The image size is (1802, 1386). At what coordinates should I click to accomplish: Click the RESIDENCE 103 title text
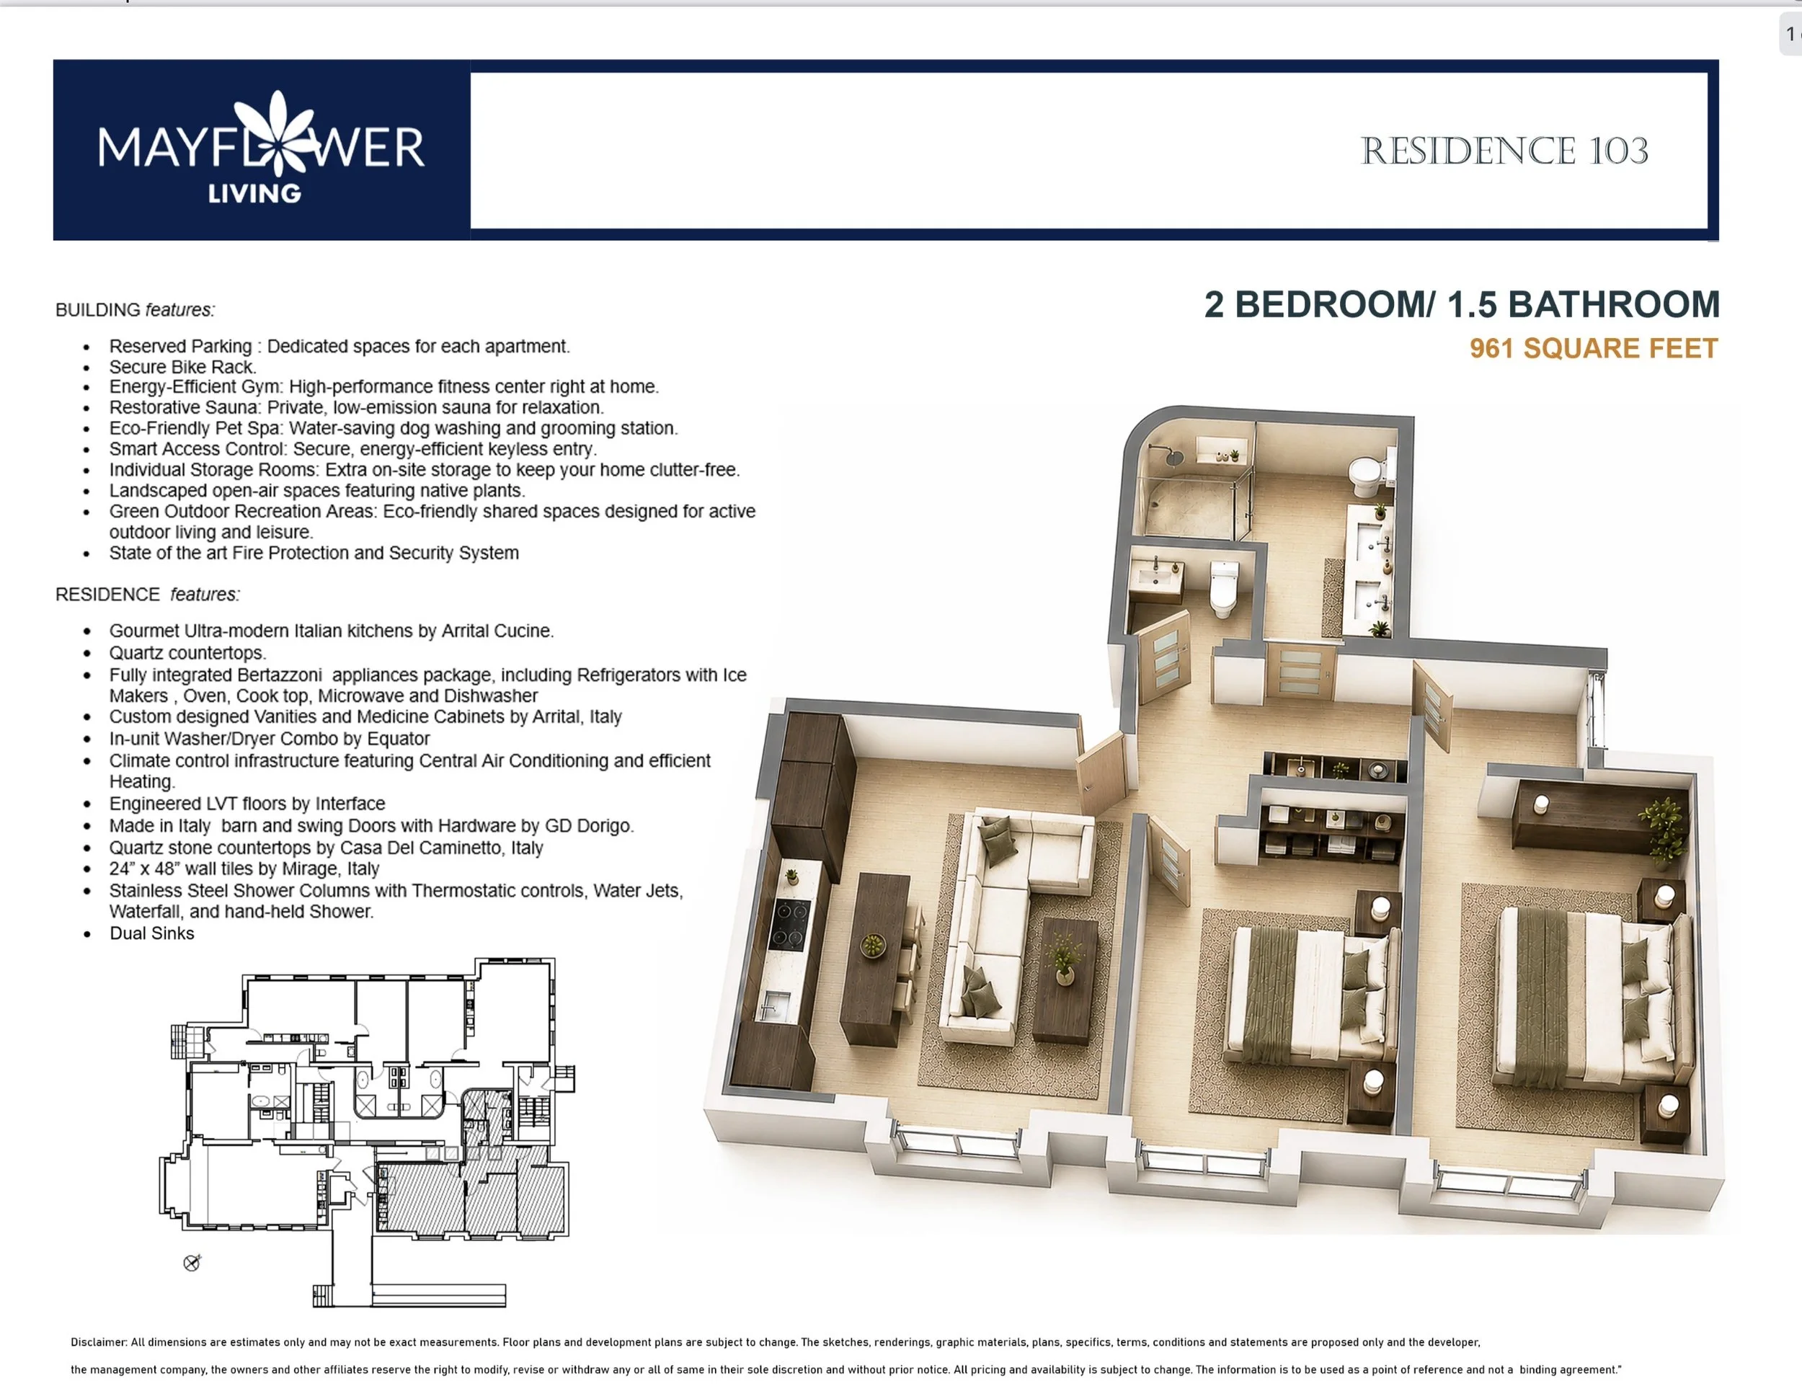[1504, 151]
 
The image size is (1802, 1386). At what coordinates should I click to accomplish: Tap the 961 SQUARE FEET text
[1593, 348]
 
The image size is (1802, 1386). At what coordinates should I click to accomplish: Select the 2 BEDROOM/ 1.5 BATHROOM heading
[1461, 304]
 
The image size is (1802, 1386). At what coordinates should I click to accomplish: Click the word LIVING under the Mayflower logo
[254, 194]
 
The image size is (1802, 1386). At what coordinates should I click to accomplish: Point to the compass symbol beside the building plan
[192, 1262]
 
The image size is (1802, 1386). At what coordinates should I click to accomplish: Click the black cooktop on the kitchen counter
[789, 925]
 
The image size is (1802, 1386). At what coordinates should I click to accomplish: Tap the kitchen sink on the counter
[774, 1006]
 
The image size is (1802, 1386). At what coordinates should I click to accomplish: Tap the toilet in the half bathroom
[1224, 589]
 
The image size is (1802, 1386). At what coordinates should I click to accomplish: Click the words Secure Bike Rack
[182, 367]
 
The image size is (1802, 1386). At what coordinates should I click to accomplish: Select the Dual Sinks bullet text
[152, 933]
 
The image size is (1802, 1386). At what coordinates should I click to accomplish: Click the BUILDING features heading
[135, 310]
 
